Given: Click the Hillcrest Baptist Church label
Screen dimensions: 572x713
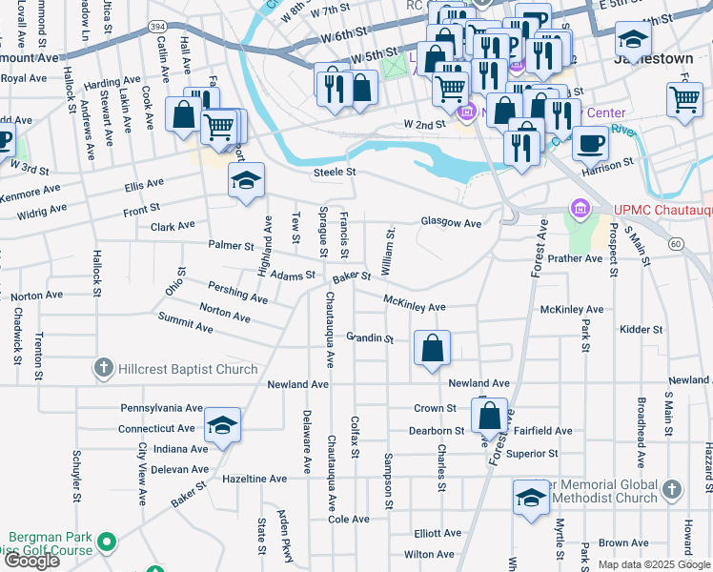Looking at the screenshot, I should [188, 369].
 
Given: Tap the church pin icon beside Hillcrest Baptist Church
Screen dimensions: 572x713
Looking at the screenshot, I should [104, 368].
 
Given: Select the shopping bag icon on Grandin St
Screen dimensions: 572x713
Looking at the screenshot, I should [433, 349].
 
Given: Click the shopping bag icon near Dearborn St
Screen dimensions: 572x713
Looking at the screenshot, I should [489, 416].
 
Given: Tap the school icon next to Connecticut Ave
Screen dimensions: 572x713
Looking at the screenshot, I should [222, 425].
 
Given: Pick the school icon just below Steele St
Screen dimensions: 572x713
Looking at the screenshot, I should [246, 180].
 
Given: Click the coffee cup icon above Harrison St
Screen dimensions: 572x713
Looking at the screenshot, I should [590, 144].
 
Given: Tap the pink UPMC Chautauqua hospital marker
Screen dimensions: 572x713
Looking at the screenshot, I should [579, 208].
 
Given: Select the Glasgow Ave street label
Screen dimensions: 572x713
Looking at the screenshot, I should [451, 222].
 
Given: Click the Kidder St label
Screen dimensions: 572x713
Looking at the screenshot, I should [641, 330].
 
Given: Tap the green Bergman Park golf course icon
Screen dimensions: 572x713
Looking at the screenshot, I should [107, 542].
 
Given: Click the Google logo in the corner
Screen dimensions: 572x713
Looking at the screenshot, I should [31, 561].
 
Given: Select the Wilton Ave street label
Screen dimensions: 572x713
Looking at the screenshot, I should [428, 554].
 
